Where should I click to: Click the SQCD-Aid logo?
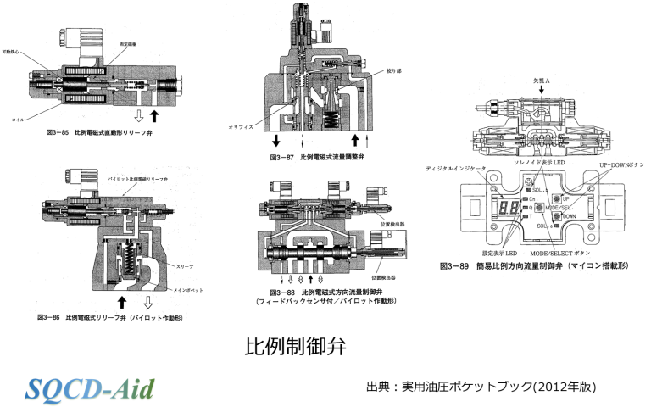pos(90,387)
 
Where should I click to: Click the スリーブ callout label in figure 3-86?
pos(185,266)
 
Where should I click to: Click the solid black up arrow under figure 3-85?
pos(155,115)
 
